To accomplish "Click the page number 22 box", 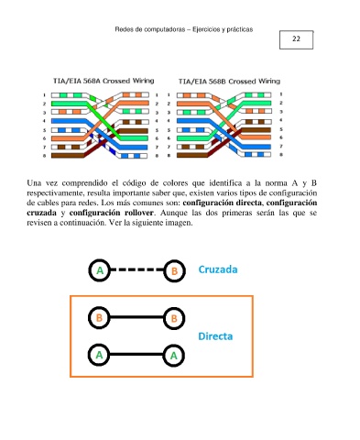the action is click(296, 39).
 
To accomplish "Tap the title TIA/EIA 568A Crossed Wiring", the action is click(104, 81).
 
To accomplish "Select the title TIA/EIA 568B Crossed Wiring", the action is click(229, 81).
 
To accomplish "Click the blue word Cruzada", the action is click(218, 269).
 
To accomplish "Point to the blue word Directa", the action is click(215, 336).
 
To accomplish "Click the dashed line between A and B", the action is click(136, 269).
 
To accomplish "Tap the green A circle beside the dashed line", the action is click(99, 270).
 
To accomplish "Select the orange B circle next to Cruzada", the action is click(174, 270).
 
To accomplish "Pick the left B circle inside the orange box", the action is click(99, 318).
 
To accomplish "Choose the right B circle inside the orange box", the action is click(174, 318).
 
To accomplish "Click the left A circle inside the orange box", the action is click(99, 355).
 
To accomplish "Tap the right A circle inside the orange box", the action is click(173, 356).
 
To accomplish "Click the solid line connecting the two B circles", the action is click(136, 317).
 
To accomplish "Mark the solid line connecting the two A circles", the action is click(136, 355).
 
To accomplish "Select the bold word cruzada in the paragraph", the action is click(41, 213).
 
